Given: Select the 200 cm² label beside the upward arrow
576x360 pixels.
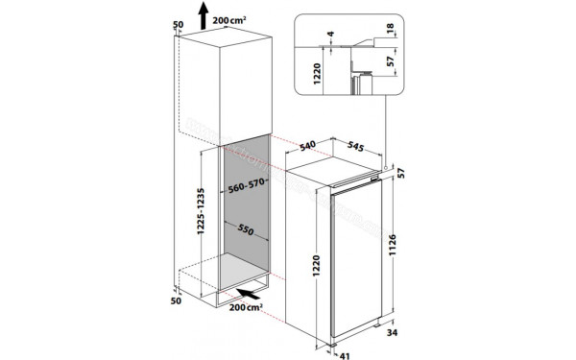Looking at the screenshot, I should [x=233, y=19].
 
